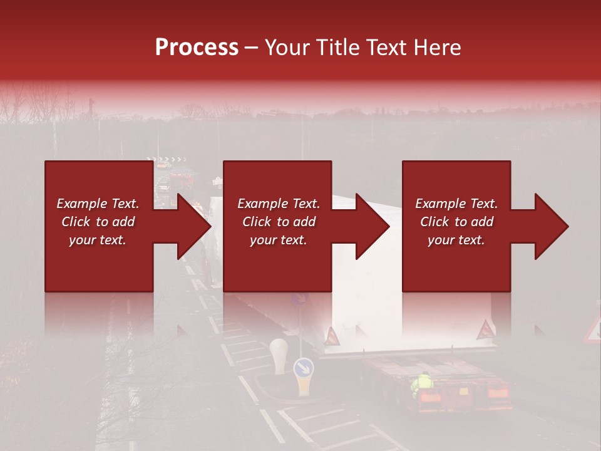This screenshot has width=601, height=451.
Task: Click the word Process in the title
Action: pos(197,48)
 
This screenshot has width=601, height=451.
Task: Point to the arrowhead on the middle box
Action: pos(373,226)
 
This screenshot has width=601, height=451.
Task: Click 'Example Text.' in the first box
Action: pos(98,204)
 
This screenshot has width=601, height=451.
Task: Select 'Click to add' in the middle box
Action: pos(279,222)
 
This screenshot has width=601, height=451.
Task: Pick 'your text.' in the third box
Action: pos(456,240)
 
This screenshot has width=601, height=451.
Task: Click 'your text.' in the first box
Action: pos(98,240)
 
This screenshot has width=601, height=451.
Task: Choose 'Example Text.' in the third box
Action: pos(456,204)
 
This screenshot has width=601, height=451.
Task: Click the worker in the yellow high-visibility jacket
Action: pos(424,383)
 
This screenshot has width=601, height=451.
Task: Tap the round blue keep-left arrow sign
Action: pos(304,367)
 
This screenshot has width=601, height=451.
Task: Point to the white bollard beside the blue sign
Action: pos(278,354)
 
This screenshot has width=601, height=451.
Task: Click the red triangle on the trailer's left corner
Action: pos(331,337)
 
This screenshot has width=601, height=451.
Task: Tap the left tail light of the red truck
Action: pos(428,397)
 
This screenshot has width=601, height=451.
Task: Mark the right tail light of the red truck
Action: pos(498,394)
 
